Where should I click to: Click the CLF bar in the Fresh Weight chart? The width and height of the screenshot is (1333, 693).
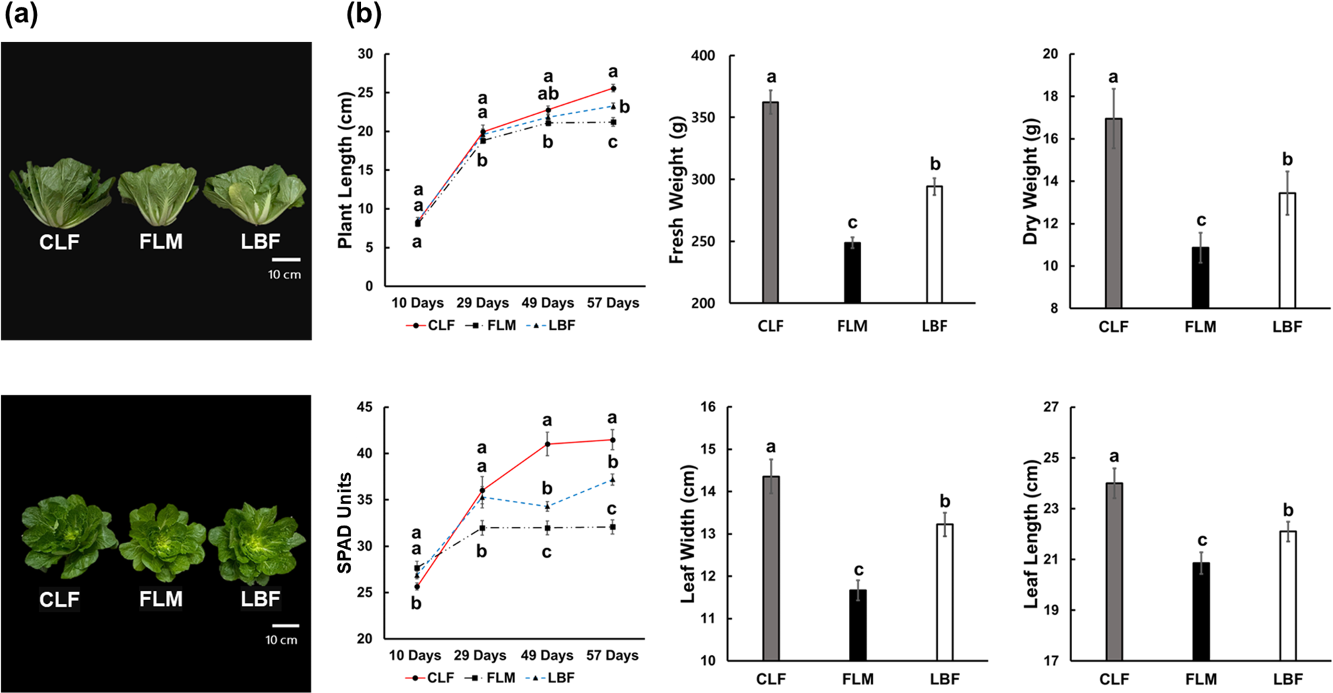[770, 202]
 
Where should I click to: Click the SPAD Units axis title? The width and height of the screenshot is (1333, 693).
[344, 523]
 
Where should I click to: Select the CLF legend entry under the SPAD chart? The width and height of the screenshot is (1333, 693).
[430, 678]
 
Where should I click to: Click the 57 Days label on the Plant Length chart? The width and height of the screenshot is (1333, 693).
[613, 303]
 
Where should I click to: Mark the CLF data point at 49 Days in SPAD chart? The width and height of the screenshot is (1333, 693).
[547, 444]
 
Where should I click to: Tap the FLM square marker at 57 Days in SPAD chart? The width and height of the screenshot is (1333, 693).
[612, 527]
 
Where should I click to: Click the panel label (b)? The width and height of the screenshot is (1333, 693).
[364, 13]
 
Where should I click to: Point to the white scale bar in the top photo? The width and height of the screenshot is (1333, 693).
[285, 260]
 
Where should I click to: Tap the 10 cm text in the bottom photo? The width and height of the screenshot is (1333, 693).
[281, 640]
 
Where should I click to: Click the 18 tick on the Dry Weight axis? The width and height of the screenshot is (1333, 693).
[1050, 96]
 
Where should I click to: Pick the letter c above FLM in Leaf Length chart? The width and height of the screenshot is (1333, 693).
[1202, 540]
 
